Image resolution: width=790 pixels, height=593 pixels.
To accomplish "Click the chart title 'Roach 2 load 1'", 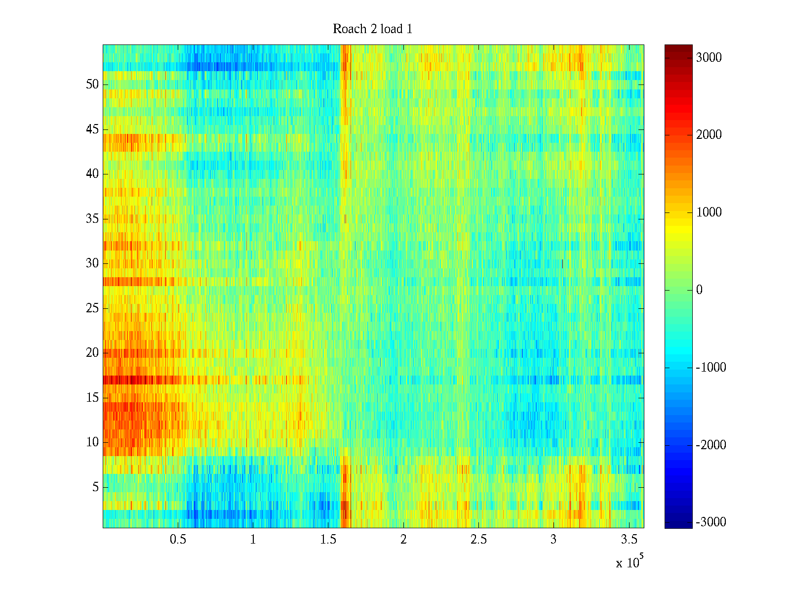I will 372,29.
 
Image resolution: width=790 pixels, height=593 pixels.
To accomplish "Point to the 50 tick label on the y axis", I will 92,85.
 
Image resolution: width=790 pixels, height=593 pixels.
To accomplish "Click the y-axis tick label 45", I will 92,129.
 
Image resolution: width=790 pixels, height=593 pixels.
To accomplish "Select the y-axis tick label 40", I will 92,174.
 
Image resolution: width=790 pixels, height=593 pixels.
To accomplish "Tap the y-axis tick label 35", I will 92,218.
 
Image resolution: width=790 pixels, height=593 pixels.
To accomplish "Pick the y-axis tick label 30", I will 92,263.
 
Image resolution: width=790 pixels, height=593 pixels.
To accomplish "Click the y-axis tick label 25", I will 92,308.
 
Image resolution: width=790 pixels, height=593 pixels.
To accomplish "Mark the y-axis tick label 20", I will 92,353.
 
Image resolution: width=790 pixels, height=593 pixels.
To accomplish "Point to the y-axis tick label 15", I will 92,398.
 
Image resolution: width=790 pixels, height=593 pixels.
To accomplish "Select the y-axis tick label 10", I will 92,442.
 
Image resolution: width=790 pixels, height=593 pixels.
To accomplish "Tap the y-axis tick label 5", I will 95,487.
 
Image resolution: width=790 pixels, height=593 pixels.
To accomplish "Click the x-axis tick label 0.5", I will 178,540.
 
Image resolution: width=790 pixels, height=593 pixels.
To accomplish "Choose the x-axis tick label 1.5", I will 328,540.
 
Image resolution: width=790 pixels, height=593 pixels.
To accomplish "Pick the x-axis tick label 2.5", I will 478,540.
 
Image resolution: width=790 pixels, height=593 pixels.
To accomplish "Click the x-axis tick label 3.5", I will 628,540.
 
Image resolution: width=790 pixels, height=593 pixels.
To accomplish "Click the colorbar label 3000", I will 709,58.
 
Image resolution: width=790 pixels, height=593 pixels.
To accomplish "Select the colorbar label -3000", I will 711,522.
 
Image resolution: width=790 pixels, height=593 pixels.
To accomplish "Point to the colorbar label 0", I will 699,290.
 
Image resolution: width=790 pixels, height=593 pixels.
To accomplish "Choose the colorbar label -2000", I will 711,445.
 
